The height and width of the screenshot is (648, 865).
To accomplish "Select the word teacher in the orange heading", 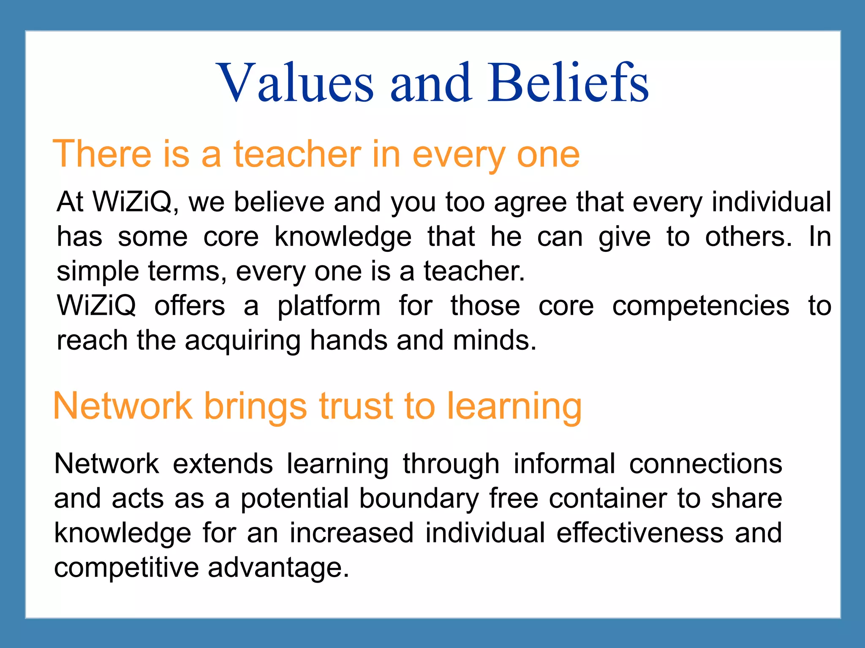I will click(297, 154).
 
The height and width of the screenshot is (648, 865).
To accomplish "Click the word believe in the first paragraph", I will click(279, 202).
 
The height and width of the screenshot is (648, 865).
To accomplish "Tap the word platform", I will click(329, 306).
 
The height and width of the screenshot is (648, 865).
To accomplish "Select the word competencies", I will click(701, 306).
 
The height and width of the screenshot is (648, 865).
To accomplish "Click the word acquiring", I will click(242, 341).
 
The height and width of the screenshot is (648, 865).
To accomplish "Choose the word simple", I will click(98, 272).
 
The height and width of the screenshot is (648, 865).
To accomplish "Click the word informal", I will click(564, 464).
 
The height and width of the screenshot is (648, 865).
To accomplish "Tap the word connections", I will click(705, 464).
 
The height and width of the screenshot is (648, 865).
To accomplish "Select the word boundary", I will click(419, 499).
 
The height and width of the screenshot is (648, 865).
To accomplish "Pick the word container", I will click(608, 498).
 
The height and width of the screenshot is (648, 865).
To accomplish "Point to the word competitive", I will click(126, 568).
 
